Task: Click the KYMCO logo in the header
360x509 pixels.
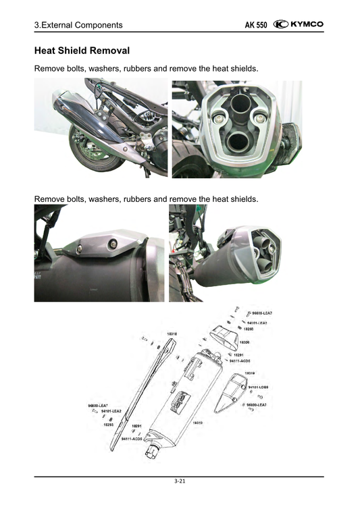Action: tap(299, 25)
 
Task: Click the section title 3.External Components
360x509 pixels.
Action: tap(78, 26)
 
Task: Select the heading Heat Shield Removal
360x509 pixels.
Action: tap(82, 51)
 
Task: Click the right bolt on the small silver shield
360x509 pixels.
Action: tap(112, 243)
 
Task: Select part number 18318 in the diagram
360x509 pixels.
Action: tap(172, 333)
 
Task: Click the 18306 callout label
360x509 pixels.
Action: tap(245, 342)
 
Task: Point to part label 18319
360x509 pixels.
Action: tap(249, 373)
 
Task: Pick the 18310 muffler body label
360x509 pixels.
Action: tap(198, 422)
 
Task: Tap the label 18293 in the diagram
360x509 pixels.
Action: tap(108, 425)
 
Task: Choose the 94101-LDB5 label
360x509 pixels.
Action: tap(258, 387)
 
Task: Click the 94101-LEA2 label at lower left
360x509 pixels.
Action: tap(111, 410)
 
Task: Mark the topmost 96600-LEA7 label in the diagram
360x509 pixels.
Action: tap(262, 314)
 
